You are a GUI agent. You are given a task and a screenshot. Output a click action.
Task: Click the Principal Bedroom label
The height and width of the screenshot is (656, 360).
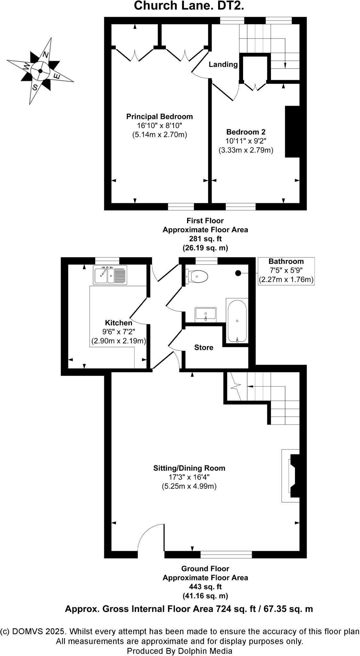160,117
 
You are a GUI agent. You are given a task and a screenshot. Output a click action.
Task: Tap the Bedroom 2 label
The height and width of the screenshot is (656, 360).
246,132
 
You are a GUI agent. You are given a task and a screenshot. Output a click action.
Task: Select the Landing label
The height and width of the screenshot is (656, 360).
223,64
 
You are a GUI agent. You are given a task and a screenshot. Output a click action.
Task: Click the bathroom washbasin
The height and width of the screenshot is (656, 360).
206,314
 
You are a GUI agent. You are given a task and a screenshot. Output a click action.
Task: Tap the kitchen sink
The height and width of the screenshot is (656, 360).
110,275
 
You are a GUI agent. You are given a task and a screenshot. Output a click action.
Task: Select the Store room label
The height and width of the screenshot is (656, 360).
204,348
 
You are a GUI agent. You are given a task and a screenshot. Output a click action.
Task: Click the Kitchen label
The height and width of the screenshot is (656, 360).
119,323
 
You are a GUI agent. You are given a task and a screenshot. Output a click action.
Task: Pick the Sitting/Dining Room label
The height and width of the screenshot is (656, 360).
189,468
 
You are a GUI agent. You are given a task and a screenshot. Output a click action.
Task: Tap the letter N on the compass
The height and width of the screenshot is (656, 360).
46,55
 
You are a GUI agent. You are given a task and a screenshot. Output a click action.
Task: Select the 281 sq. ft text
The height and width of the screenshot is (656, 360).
205,239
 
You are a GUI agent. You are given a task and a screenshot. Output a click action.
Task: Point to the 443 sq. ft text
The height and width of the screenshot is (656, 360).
205,587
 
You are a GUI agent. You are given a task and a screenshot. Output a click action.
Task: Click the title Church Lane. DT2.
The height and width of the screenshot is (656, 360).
189,6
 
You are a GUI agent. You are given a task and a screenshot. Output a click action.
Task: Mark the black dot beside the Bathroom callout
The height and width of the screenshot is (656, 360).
238,273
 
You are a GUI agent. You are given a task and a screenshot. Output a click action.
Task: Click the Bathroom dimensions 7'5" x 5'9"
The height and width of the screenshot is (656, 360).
286,270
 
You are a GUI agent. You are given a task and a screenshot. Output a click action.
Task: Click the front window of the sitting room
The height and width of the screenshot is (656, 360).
226,554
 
